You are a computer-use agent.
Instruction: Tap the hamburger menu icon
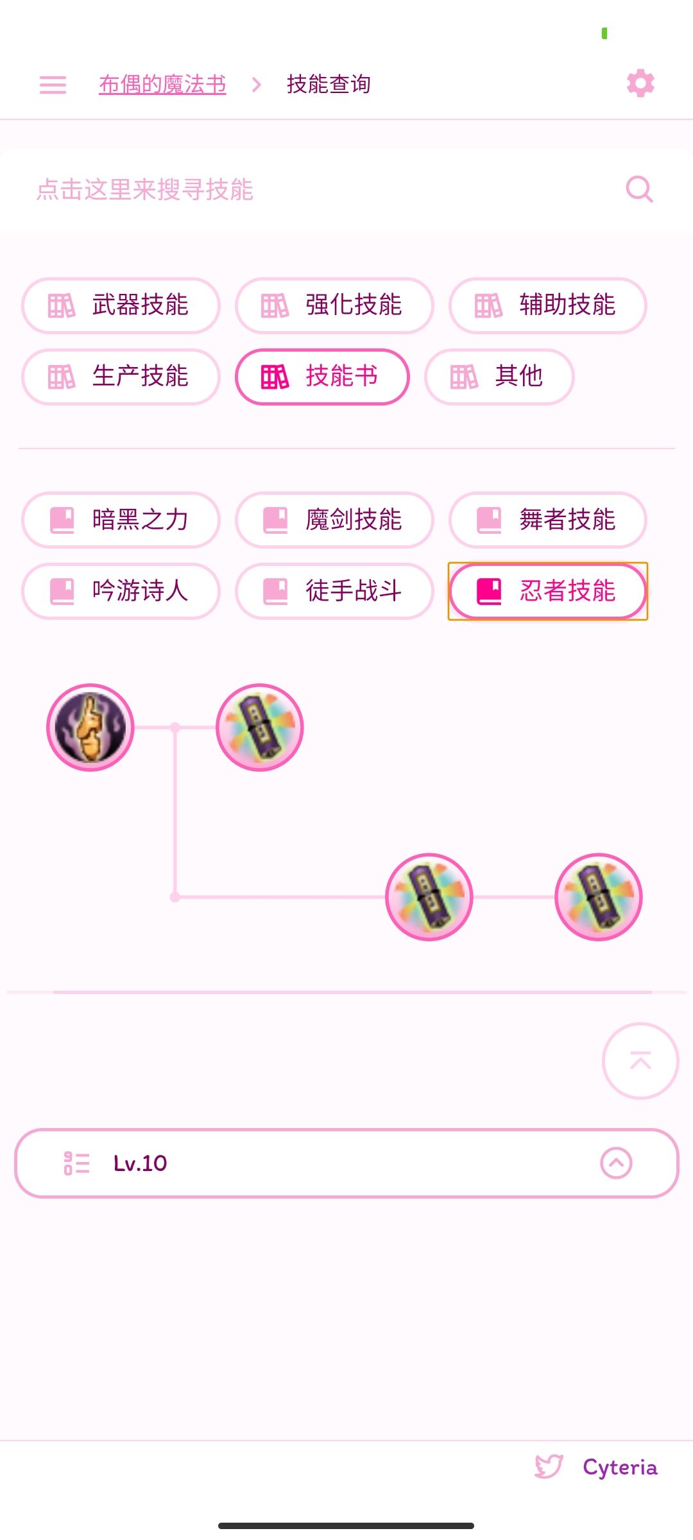[53, 85]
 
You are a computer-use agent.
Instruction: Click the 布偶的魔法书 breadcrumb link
[162, 84]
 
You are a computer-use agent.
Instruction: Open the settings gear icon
[640, 83]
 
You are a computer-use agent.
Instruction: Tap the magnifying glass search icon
[639, 189]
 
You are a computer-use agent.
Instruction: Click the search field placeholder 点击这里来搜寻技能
[145, 190]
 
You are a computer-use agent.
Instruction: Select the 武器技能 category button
[121, 305]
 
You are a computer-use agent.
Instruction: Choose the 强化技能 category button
[334, 305]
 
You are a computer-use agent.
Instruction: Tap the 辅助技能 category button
[548, 305]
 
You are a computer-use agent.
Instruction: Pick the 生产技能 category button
[121, 377]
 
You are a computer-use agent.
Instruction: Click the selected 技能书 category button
[322, 377]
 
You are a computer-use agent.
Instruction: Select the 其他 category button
[499, 377]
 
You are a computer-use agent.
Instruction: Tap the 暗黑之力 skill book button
[121, 520]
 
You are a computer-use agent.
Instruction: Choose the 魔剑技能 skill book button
[334, 520]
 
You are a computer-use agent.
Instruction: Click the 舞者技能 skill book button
[548, 520]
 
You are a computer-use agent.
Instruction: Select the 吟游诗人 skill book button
[121, 591]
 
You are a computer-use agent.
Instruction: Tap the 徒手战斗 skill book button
[334, 591]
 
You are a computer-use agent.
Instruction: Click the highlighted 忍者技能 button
[548, 591]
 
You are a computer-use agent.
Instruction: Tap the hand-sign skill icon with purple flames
[90, 727]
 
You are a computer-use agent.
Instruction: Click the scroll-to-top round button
[640, 1061]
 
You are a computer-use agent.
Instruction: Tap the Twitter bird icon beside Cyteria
[549, 1467]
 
